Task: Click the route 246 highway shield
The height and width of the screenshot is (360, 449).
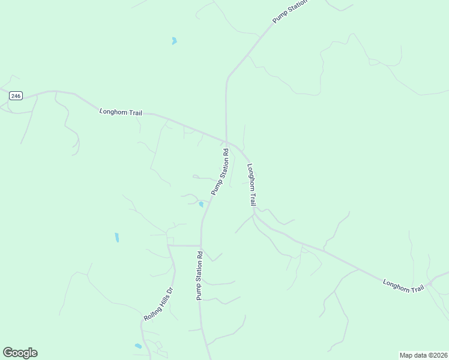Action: pos(16,95)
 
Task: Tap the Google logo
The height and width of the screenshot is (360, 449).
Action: pos(20,353)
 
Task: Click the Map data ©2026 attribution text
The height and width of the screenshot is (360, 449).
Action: pos(423,355)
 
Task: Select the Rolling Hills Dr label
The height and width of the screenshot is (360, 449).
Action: pos(158,304)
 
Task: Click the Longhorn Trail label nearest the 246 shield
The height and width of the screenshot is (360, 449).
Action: pos(121,112)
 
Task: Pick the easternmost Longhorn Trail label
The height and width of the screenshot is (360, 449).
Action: pos(403,286)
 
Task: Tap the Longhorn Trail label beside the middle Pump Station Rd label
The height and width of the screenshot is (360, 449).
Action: pos(252,185)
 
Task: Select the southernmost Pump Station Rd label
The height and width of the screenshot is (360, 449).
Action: pos(199,276)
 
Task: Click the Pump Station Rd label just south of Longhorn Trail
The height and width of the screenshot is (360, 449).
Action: pos(220,172)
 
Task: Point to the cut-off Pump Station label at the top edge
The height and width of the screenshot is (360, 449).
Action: pos(290,11)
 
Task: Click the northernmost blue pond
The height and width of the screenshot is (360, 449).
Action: pos(174,41)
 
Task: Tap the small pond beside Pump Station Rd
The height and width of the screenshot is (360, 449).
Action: pos(201,205)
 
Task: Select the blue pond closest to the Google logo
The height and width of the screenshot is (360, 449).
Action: pos(139,346)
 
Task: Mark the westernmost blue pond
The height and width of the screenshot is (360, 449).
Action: pos(117,238)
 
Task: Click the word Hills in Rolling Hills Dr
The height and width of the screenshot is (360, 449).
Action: pos(163,299)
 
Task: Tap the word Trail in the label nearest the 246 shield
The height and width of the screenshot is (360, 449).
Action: pos(134,113)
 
